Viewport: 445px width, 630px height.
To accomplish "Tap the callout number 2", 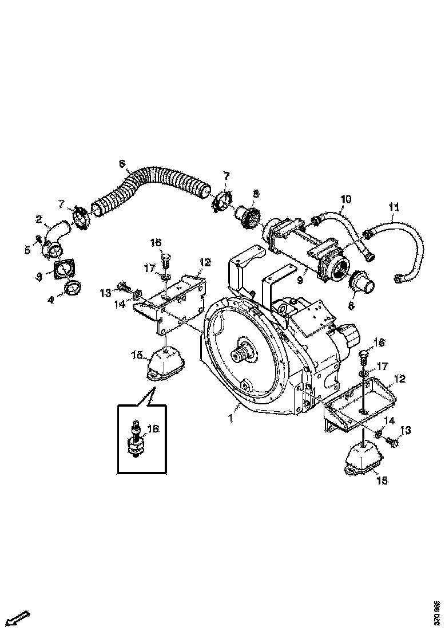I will tap(39, 218).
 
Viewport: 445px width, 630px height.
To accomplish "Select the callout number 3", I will tap(38, 276).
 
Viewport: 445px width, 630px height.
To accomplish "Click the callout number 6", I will tap(122, 164).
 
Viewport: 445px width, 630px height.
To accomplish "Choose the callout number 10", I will tap(345, 199).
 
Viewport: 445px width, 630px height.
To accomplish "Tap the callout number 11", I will tap(394, 206).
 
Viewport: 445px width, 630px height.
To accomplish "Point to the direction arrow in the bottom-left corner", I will tap(19, 619).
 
